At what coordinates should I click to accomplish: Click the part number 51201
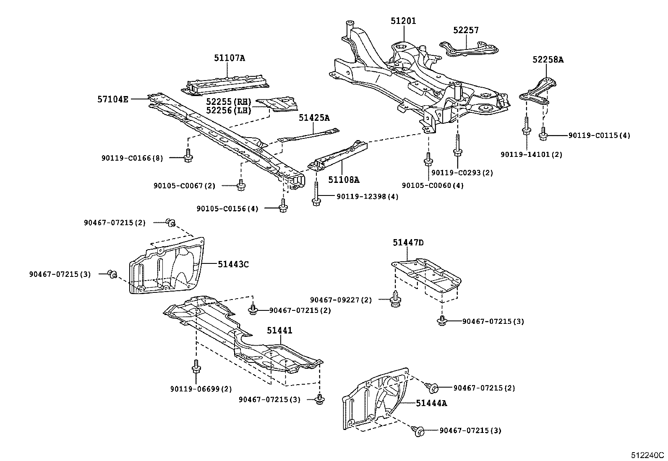click(403, 21)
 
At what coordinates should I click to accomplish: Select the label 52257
click(466, 30)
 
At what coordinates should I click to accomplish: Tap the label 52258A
click(548, 60)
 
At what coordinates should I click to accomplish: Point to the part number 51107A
click(229, 58)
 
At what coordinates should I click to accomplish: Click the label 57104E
click(113, 99)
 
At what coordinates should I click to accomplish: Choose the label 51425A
click(314, 118)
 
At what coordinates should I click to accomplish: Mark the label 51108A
click(344, 180)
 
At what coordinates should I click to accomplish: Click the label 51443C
click(233, 264)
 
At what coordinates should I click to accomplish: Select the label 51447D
click(408, 242)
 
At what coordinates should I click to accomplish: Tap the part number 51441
click(279, 331)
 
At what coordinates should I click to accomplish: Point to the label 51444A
click(431, 403)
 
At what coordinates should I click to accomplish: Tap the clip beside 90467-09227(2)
click(395, 300)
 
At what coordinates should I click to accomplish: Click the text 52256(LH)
click(228, 110)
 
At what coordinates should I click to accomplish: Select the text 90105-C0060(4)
click(433, 185)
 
